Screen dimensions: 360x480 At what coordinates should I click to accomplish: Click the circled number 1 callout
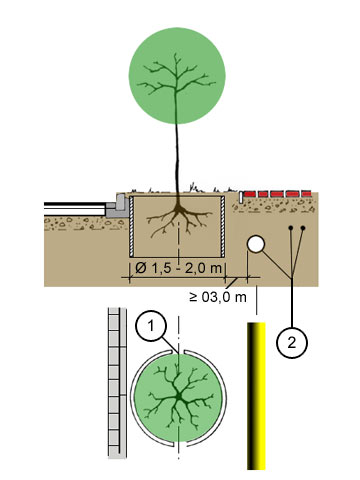tap(151, 325)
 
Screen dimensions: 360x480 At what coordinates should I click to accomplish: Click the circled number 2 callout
tap(292, 343)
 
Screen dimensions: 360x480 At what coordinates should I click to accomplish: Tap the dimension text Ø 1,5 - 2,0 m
tap(178, 268)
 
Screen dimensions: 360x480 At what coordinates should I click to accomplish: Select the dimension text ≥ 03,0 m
tap(218, 297)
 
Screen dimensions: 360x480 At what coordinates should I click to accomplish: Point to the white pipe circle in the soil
tap(256, 244)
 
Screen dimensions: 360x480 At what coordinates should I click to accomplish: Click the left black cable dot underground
tap(291, 228)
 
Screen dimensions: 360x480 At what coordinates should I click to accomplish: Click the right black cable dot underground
tap(303, 228)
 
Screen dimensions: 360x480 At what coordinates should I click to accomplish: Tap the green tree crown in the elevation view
tap(177, 76)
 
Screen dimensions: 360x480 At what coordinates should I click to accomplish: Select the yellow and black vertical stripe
tap(256, 396)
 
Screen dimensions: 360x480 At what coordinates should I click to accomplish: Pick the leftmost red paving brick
tap(249, 194)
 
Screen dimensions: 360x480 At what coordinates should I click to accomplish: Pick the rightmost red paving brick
tap(306, 194)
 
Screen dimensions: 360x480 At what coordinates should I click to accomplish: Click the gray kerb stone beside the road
tap(118, 207)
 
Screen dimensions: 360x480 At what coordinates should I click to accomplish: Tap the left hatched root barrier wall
tap(131, 226)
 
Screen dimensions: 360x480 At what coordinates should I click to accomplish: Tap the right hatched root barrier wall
tap(223, 226)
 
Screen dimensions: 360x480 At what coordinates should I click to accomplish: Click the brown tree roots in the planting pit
tap(179, 218)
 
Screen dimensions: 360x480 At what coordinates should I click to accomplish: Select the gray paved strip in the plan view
tap(117, 383)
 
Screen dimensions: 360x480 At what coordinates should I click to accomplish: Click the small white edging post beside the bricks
tap(241, 197)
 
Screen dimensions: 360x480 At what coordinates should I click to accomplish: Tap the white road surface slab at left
tap(75, 210)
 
